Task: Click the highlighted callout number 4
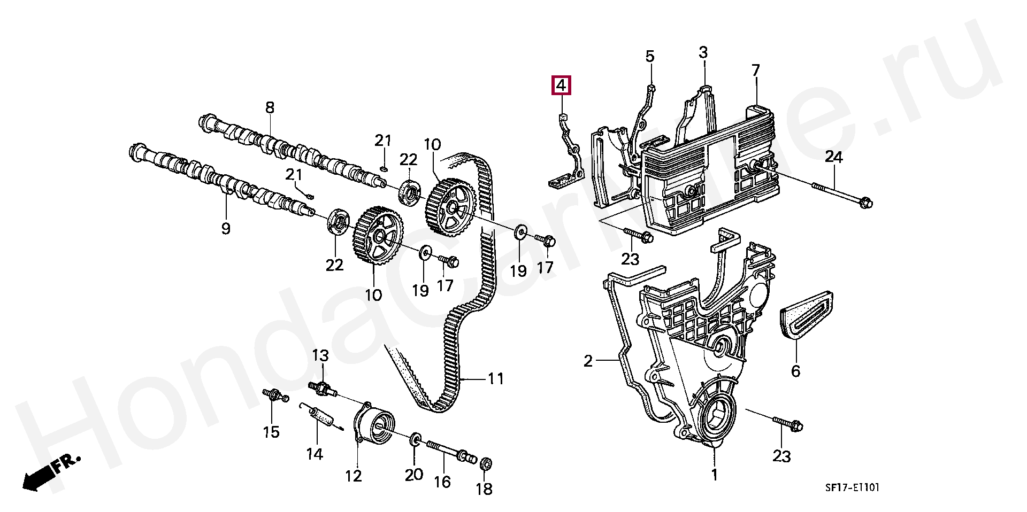[x=561, y=86]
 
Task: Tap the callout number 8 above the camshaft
[x=270, y=107]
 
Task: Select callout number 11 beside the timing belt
[x=495, y=379]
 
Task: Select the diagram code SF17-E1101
[x=851, y=488]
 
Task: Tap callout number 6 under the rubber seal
[x=795, y=371]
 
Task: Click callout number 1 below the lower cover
[x=714, y=474]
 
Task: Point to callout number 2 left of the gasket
[x=588, y=362]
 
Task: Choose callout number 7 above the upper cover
[x=755, y=70]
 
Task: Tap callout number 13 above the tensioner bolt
[x=320, y=355]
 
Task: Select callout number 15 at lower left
[x=272, y=432]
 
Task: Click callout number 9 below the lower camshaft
[x=226, y=229]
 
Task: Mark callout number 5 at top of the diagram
[x=650, y=56]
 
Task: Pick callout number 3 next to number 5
[x=703, y=52]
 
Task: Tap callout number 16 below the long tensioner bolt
[x=442, y=482]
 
